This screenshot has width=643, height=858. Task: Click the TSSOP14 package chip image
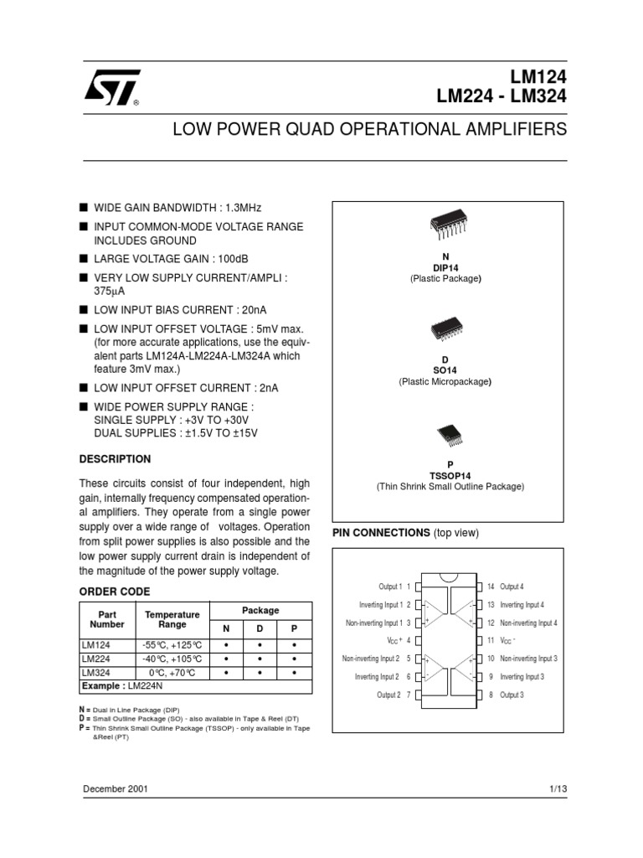click(449, 435)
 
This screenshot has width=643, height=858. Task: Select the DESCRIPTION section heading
click(115, 459)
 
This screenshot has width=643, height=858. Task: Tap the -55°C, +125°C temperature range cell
click(172, 644)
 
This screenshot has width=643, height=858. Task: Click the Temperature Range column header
click(172, 619)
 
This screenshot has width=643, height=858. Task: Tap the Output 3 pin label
click(512, 695)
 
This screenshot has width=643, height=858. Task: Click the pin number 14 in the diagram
click(491, 587)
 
